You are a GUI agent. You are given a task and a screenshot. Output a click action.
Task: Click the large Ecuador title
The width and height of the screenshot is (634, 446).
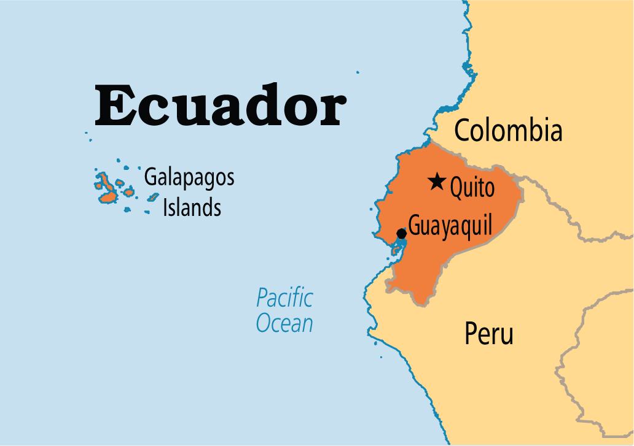point(219,105)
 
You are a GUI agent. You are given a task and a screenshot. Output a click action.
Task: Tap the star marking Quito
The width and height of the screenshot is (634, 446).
point(437,182)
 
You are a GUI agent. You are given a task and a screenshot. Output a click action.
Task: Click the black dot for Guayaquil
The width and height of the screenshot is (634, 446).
point(401,233)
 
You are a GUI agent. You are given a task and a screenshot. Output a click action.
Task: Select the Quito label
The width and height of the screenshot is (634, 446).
point(472,188)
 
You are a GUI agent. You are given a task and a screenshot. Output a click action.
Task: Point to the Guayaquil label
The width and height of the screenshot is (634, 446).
point(450,227)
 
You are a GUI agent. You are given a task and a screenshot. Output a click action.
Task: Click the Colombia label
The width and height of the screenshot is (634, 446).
point(507,131)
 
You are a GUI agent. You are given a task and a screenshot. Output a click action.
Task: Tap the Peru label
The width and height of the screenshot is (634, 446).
point(488,334)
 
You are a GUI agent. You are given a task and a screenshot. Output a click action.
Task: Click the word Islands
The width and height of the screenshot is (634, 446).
point(192,208)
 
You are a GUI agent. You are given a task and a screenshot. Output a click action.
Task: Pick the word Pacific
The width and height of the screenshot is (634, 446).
point(284,299)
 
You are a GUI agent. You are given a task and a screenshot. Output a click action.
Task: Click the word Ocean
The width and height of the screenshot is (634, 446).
point(284,323)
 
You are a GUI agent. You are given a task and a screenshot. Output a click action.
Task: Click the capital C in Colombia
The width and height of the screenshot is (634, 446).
point(462,131)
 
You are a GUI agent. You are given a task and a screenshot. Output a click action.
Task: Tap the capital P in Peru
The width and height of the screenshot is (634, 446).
point(471,334)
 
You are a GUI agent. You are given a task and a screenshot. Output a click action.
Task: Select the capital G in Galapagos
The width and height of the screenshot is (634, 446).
point(151,178)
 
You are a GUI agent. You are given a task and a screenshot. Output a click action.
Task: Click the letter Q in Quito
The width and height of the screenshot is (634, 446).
point(458,188)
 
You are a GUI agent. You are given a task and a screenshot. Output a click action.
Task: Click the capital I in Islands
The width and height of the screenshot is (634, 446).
point(165,208)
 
